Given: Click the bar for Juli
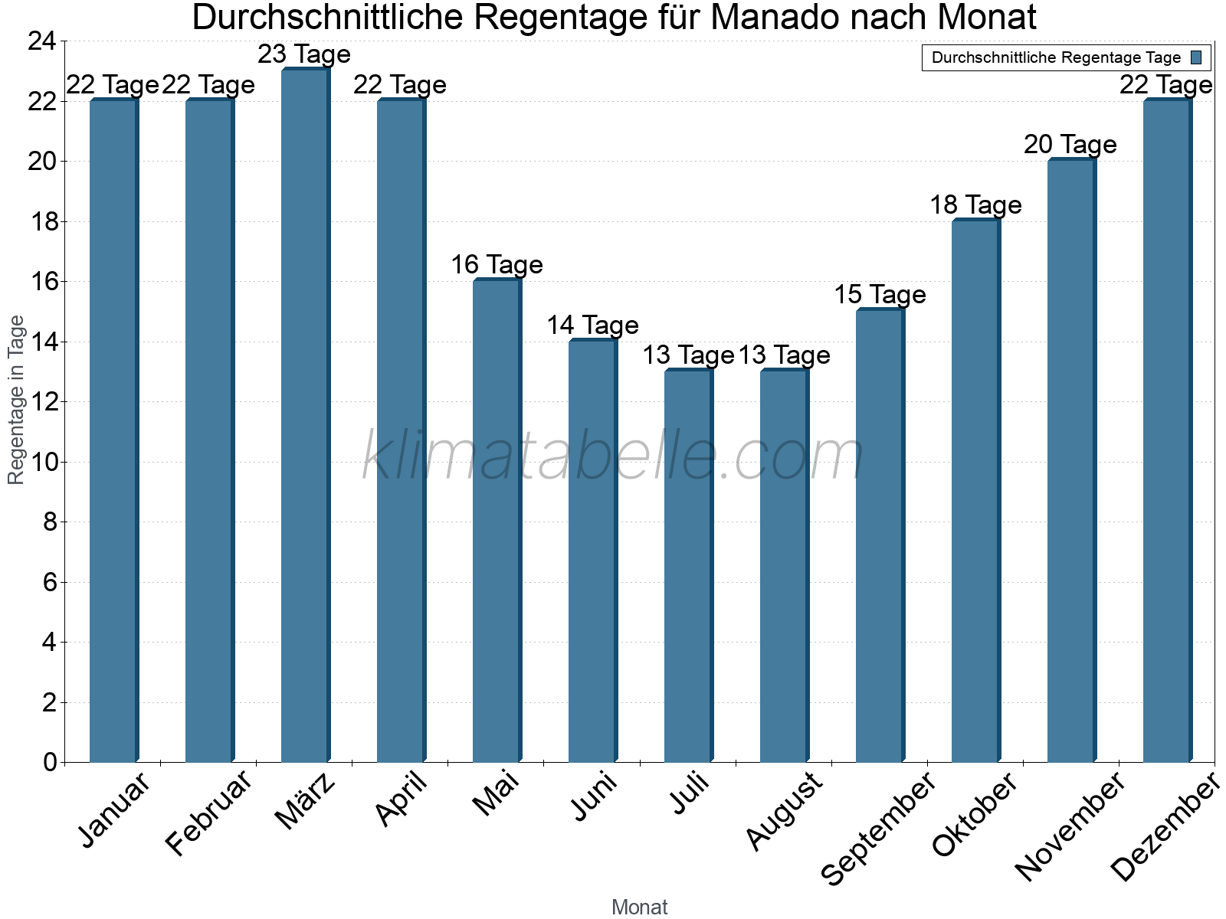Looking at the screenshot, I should pyautogui.click(x=687, y=567).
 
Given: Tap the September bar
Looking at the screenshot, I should pyautogui.click(x=879, y=536).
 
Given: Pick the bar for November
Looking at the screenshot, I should pyautogui.click(x=1070, y=459).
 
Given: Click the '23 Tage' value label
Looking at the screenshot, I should pyautogui.click(x=304, y=54).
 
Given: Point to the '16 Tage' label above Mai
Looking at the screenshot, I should pyautogui.click(x=497, y=265).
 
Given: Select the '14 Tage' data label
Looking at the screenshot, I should pyautogui.click(x=592, y=325).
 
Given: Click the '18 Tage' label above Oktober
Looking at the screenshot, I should pyautogui.click(x=975, y=205).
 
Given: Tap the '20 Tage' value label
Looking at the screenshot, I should pyautogui.click(x=1070, y=145).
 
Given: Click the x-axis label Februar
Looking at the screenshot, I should pyautogui.click(x=208, y=813).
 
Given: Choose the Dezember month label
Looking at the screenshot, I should pyautogui.click(x=1165, y=827).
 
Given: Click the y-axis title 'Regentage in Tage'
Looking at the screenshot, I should pyautogui.click(x=16, y=400).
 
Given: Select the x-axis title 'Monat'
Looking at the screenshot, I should pyautogui.click(x=640, y=908).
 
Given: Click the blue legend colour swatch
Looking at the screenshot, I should pyautogui.click(x=1197, y=57).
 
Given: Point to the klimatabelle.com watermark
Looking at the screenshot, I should pyautogui.click(x=613, y=457).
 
